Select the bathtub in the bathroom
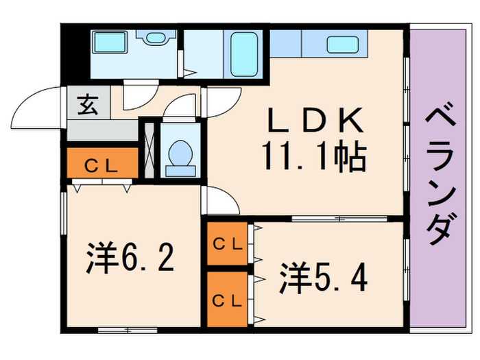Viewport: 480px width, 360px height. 244,53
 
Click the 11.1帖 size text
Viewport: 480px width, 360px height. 313,158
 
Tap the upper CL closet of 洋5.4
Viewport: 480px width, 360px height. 227,243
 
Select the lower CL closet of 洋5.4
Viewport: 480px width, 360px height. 227,299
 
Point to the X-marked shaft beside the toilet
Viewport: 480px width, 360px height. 148,149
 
